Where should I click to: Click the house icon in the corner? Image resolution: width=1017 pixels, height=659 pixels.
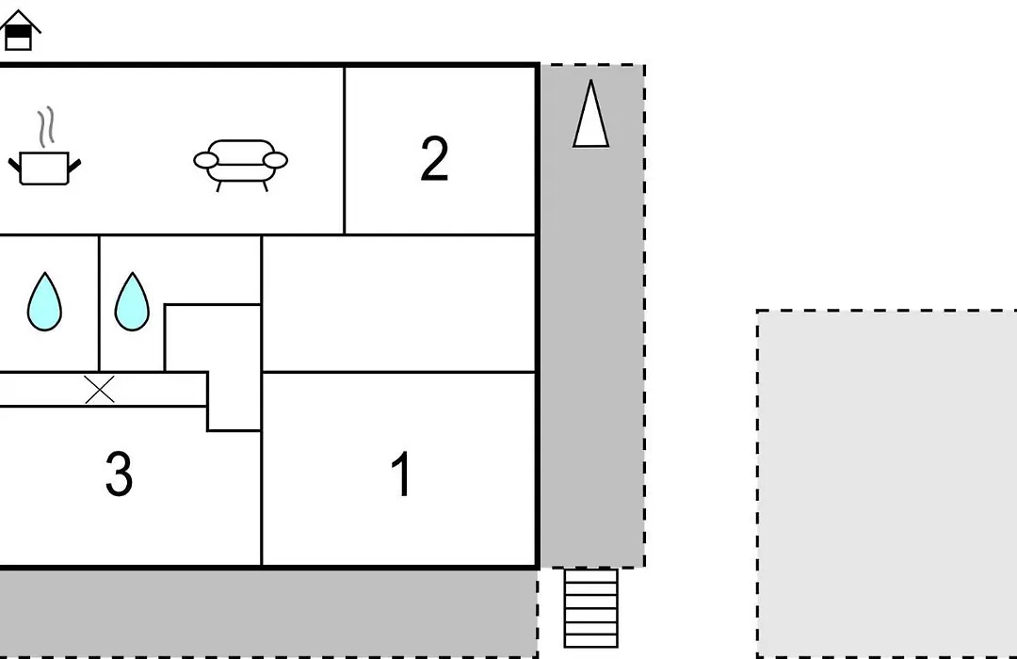click(x=20, y=30)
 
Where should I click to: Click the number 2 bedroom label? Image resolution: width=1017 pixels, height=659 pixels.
click(x=434, y=158)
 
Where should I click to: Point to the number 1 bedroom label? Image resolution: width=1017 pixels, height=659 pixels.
click(x=401, y=474)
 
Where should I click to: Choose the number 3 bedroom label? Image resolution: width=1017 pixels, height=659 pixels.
click(x=119, y=474)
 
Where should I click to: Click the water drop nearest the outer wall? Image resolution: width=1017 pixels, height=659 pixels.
click(x=44, y=301)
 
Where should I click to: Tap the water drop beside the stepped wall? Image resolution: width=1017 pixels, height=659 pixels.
click(x=132, y=301)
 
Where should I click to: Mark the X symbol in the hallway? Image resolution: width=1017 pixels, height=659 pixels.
click(x=100, y=389)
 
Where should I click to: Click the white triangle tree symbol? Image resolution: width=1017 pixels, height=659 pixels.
click(x=590, y=114)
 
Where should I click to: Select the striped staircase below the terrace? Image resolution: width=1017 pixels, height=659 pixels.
click(x=590, y=608)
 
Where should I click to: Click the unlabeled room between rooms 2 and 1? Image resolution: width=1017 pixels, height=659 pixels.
click(x=399, y=303)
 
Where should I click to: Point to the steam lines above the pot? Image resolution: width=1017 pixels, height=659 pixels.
click(x=46, y=127)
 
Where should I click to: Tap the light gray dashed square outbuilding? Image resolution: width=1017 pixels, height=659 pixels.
click(x=887, y=484)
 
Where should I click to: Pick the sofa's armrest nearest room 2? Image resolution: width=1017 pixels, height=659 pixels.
click(x=275, y=160)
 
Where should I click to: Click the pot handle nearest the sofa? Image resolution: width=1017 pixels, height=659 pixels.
click(x=74, y=166)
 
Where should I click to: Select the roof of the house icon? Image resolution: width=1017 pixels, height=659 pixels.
click(x=20, y=20)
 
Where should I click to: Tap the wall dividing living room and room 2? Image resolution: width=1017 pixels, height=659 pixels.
click(x=345, y=150)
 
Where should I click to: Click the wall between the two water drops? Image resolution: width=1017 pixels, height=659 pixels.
click(x=99, y=303)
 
